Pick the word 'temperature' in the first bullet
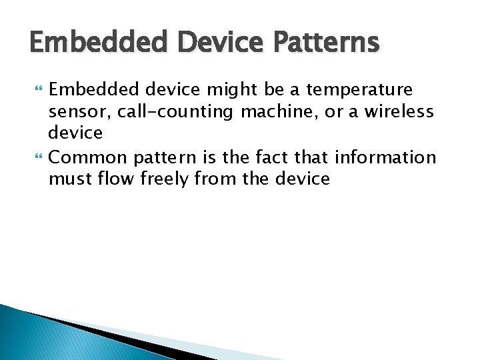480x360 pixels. click(360, 89)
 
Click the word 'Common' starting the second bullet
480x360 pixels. click(89, 157)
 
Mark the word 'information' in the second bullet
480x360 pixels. click(385, 157)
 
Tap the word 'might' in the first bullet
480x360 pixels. click(222, 89)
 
